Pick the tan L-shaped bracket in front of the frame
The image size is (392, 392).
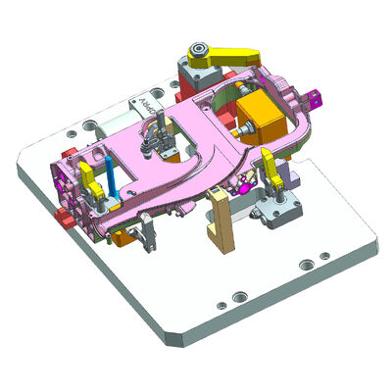(x=218, y=218)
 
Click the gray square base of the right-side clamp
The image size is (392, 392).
(x=278, y=211)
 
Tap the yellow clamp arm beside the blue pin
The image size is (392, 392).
(x=89, y=179)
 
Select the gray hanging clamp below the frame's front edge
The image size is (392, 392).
(x=147, y=233)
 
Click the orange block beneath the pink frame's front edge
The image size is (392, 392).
(x=120, y=234)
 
